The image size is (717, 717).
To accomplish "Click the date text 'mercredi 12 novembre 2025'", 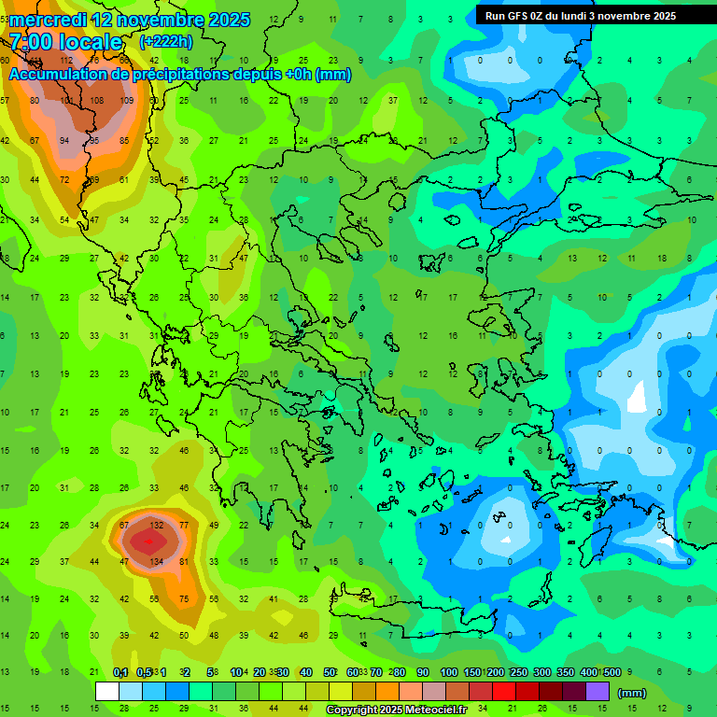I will pos(130,20).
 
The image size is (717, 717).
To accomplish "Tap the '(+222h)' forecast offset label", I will pos(166,42).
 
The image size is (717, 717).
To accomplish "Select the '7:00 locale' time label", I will pos(66,42).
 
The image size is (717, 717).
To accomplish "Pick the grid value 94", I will pos(64,141).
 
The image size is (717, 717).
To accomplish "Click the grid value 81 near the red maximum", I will pos(184,562).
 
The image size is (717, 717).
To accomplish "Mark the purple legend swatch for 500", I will pos(597,692).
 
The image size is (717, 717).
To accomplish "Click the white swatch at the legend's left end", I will pos(107,692).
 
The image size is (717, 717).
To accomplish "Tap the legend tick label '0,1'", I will pos(120,673).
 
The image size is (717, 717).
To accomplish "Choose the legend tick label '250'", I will pos(518,673).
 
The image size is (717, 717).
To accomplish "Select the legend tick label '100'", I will pos(449,673).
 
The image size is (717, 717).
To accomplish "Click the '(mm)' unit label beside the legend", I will pos(632,693).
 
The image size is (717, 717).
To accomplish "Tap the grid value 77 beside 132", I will pos(184,526).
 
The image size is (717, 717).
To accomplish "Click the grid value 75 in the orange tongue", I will pos(184,599).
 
